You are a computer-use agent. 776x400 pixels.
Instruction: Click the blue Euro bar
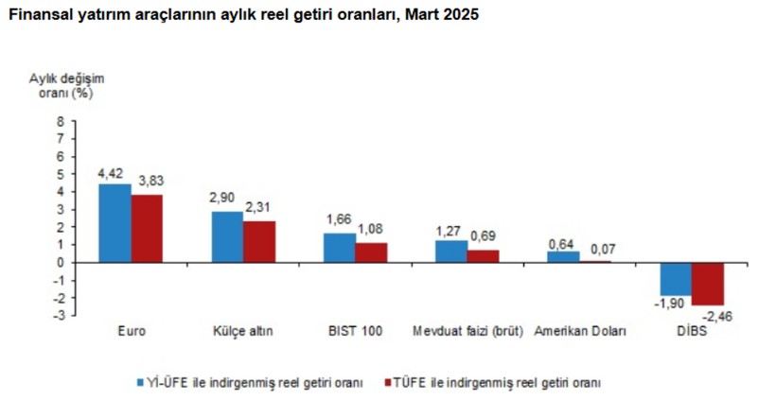[115, 223]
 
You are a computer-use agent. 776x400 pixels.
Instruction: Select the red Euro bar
[147, 229]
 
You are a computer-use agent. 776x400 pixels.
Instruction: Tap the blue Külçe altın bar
[227, 236]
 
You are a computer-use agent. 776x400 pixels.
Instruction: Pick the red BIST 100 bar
[371, 252]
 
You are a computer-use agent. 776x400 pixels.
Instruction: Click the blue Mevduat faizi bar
[450, 252]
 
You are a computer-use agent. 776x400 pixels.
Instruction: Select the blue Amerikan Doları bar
[563, 256]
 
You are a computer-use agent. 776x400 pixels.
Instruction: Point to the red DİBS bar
[707, 284]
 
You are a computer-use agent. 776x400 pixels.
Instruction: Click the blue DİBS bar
[676, 279]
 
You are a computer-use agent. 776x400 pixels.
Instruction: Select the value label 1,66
[338, 219]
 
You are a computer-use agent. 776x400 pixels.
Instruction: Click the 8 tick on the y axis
[61, 121]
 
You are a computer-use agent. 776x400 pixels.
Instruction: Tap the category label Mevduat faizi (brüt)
[467, 332]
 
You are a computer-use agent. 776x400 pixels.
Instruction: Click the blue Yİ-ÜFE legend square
[138, 382]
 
